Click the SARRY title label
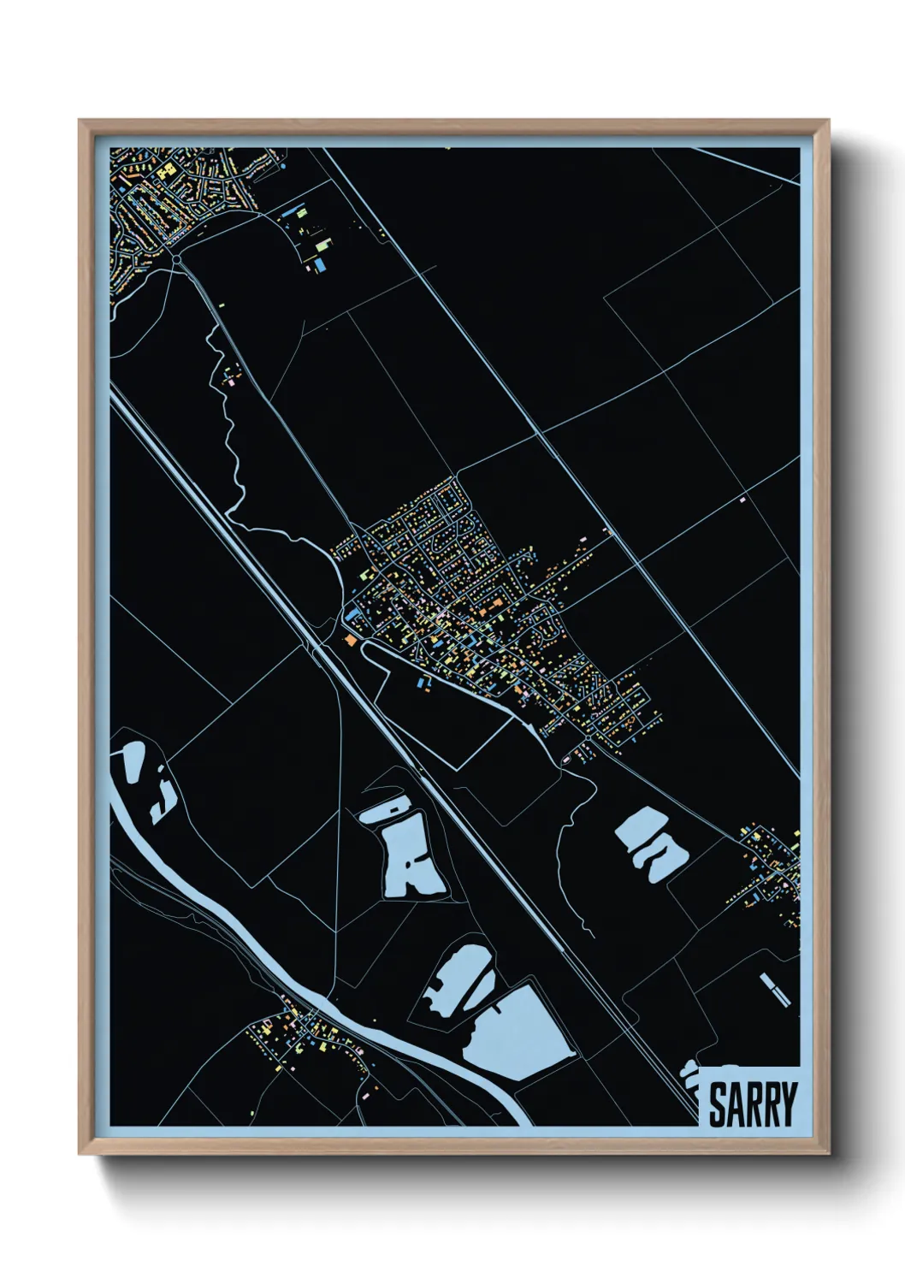click(752, 1104)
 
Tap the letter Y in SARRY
click(787, 1104)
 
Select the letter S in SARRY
click(717, 1104)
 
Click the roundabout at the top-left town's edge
click(175, 257)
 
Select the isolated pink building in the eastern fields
click(742, 499)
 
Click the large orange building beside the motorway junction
click(349, 639)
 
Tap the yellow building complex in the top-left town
click(164, 171)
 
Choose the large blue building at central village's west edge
click(352, 612)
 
